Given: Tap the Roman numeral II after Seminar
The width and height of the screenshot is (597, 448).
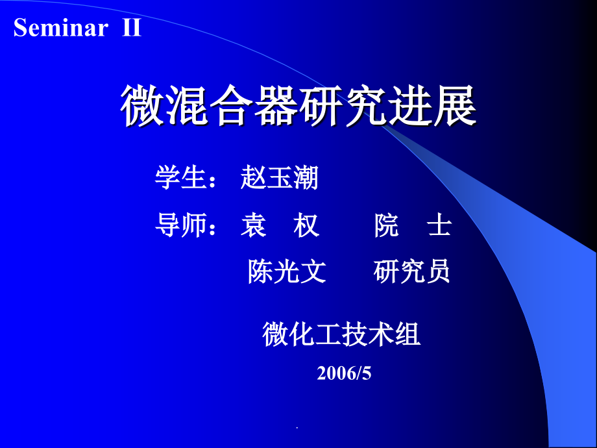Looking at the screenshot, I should coord(132,29).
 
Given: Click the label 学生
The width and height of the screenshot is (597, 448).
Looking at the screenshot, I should coord(180,177).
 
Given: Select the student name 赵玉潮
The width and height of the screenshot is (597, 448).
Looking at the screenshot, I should coord(279,177).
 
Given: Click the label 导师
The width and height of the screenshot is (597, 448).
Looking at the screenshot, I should coord(180,225).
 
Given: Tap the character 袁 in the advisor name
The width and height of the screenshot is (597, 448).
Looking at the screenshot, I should coord(253,225).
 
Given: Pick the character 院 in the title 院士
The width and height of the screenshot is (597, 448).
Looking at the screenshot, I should coord(387,225).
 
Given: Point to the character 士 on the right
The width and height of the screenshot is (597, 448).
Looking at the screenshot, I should coord(439,225).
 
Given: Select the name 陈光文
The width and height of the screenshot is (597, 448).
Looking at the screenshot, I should coord(287,272).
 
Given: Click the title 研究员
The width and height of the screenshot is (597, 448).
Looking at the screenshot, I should coord(412,272).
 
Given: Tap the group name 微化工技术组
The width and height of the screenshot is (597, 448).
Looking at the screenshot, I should coord(341,335).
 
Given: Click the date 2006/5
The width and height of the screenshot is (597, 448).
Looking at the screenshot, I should coord(344,373).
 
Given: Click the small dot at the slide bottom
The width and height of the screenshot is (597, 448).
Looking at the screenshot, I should coord(298,429).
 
